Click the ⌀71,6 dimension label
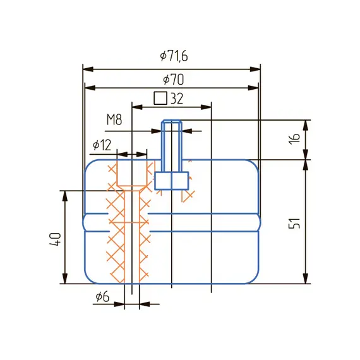pos(174,56)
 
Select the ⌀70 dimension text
pos(174,80)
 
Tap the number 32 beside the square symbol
pos(177,99)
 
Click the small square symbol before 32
pos(160,99)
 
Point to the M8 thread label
pos(114,119)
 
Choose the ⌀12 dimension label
pos(102,145)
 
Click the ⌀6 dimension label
pos(102,297)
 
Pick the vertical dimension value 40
pos(56,239)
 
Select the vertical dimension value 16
pos(294,138)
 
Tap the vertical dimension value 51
pos(294,223)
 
